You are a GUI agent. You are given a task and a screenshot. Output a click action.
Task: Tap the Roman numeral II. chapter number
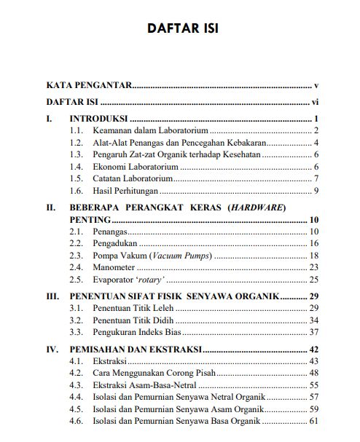pos(52,208)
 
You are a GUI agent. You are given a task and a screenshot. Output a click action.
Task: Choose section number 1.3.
pos(77,155)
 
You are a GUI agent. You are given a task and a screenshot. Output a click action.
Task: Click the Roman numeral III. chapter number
pos(53,296)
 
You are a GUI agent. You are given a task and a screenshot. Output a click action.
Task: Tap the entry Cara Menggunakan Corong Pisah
pos(153,373)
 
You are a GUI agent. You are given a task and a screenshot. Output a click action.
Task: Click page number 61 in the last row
pos(315,421)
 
